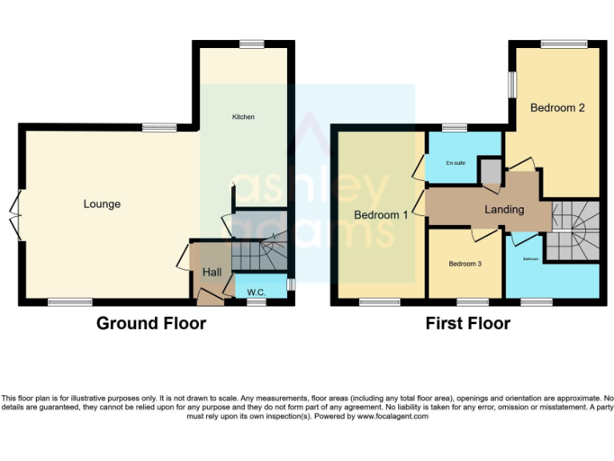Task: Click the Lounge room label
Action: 102,204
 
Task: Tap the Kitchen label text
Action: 243,117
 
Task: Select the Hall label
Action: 212,272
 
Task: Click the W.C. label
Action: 257,292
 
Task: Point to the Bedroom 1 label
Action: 381,214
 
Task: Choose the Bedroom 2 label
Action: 558,107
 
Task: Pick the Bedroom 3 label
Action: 464,263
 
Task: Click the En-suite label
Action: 456,162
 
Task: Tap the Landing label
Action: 504,209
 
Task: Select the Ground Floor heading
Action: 151,323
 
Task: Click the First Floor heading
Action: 468,323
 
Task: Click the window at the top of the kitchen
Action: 252,44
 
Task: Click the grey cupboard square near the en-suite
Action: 489,170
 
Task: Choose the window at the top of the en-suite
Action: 455,126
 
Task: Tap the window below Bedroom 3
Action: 472,302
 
